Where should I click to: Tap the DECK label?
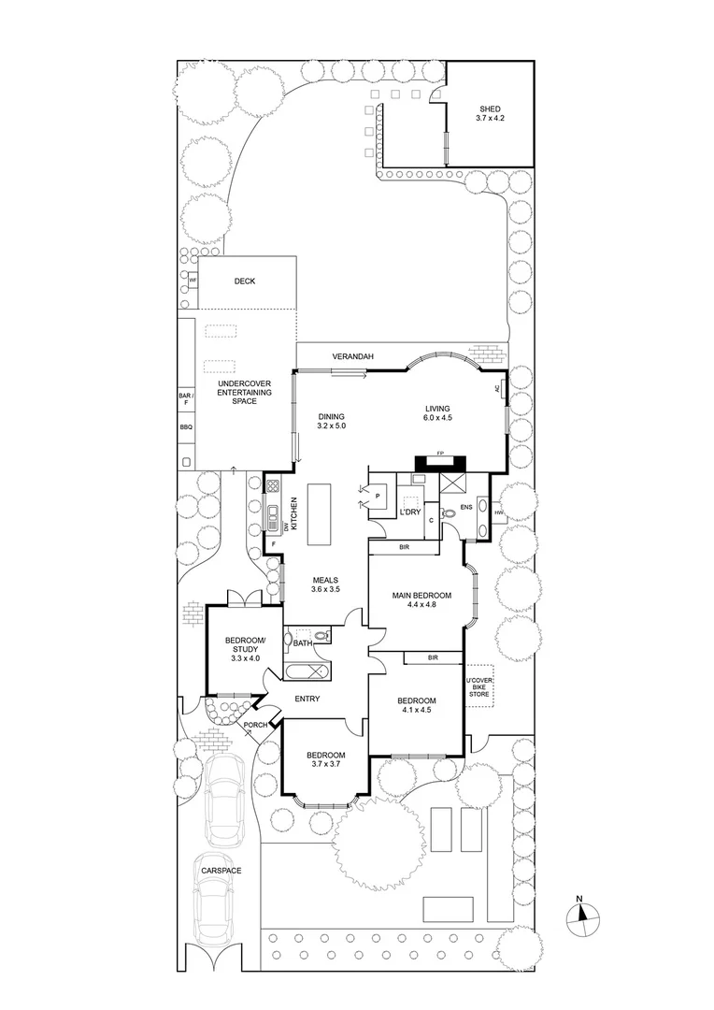click(245, 281)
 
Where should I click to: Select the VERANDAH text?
click(354, 357)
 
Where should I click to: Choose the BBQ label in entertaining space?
click(185, 427)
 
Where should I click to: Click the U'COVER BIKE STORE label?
click(478, 687)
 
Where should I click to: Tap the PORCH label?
click(256, 725)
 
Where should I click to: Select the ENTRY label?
click(307, 699)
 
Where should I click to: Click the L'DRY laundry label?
click(410, 513)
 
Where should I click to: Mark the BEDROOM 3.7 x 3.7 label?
click(326, 760)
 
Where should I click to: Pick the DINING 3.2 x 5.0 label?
click(331, 422)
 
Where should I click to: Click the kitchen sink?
click(273, 514)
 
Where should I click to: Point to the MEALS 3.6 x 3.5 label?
click(325, 585)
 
